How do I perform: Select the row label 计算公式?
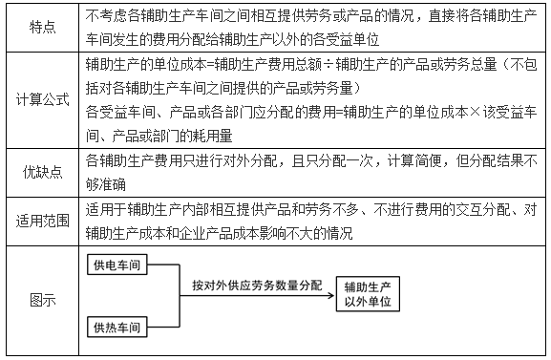pos(41,98)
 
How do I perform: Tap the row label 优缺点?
pos(41,173)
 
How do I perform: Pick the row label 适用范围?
pos(41,222)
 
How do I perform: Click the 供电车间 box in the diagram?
pos(120,265)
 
